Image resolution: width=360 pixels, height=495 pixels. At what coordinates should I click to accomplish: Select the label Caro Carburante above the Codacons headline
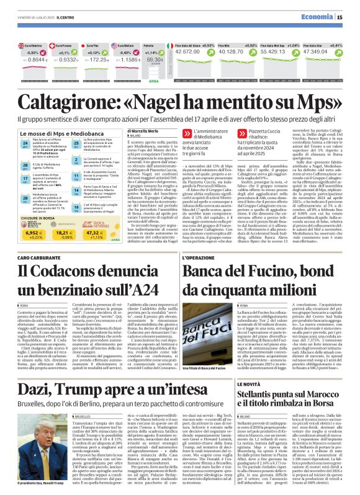tap(37, 257)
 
